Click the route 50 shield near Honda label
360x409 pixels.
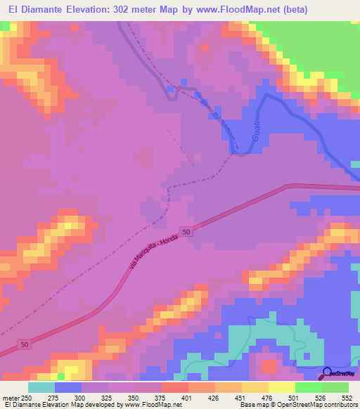click(186, 231)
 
